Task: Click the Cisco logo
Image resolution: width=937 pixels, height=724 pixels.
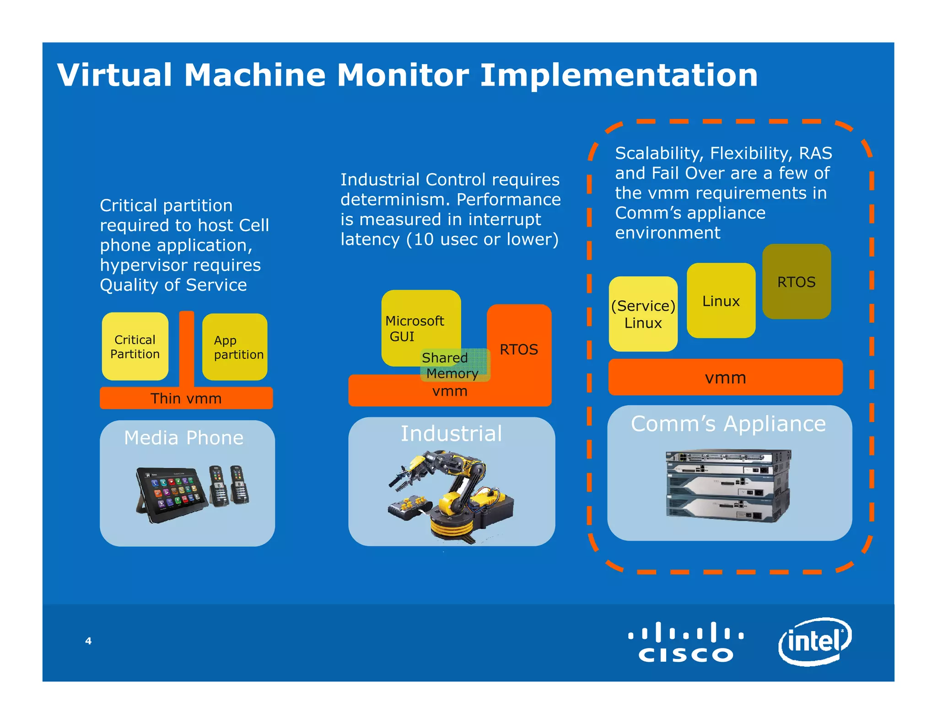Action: click(685, 642)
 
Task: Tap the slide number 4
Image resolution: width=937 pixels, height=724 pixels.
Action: click(88, 641)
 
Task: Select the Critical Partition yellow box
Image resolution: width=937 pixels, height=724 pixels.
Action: click(135, 346)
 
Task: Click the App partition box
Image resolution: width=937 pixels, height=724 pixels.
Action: click(235, 347)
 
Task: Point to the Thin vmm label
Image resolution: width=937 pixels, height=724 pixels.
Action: click(186, 398)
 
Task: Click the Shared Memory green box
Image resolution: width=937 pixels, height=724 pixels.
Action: click(455, 365)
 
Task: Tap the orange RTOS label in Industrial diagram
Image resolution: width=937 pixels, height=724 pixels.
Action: click(518, 349)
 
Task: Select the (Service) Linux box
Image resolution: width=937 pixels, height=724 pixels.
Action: click(643, 314)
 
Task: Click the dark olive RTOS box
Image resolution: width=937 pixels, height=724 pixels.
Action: click(796, 281)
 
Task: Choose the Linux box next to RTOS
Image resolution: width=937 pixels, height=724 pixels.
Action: click(721, 301)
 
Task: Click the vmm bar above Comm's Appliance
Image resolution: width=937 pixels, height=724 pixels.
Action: click(725, 378)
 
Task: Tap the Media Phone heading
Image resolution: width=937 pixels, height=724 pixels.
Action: click(184, 438)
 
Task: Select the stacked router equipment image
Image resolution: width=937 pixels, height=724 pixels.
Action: click(728, 486)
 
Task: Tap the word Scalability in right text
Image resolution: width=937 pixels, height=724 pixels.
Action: click(659, 153)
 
